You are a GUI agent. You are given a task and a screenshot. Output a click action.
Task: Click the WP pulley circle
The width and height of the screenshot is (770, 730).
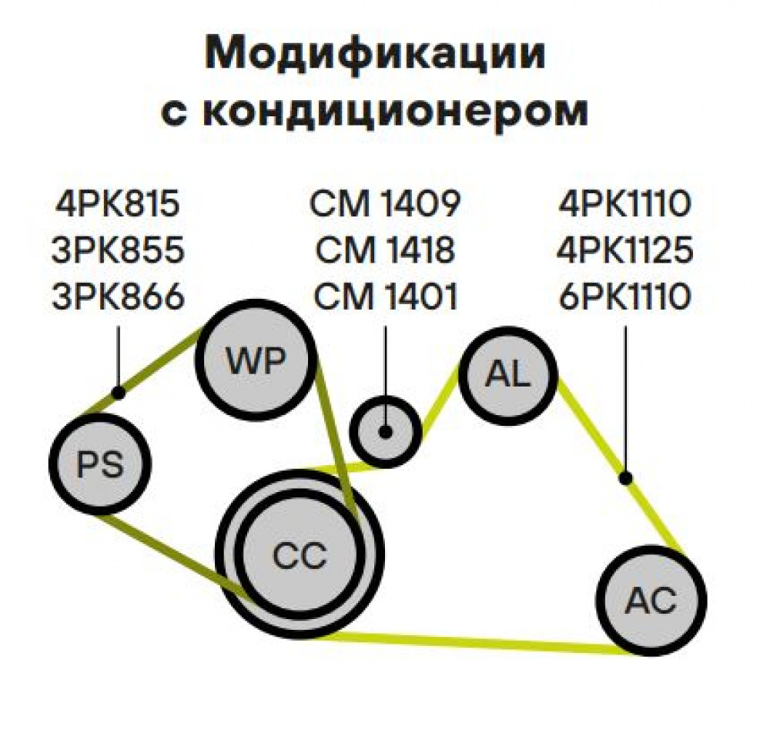click(x=255, y=360)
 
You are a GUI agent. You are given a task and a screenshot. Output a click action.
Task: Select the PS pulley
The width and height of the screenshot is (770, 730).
click(x=99, y=464)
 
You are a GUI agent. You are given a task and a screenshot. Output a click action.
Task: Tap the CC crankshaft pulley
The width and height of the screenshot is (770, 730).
click(x=300, y=554)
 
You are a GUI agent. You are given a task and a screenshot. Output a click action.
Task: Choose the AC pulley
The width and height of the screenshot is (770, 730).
click(x=651, y=601)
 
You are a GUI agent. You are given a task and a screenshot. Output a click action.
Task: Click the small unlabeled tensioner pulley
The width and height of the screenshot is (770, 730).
click(x=386, y=432)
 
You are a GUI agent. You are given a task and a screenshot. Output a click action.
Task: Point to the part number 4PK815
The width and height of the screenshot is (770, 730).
click(x=118, y=204)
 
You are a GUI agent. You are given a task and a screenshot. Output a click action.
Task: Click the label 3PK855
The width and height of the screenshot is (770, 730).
click(x=118, y=250)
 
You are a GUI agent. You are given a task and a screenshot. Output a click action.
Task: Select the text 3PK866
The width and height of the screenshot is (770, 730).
click(x=118, y=296)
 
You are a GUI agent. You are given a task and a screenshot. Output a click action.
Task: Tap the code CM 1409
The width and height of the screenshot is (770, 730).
click(x=386, y=204)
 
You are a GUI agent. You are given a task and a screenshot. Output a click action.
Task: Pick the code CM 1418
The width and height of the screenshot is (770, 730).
click(x=386, y=250)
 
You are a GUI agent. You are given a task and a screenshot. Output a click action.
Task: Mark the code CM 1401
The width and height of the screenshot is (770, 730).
click(x=386, y=296)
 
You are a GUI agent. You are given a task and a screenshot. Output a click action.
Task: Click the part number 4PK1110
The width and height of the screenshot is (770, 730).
click(x=625, y=204)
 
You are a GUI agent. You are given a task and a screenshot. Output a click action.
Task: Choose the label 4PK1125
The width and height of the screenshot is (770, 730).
click(x=625, y=250)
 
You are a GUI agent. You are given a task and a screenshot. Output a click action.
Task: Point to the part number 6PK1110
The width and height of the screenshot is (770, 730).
click(x=625, y=296)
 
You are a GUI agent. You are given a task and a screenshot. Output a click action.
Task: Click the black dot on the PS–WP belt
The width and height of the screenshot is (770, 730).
click(x=118, y=393)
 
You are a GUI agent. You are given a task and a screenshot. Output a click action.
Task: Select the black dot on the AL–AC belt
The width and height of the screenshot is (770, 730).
click(x=625, y=478)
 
